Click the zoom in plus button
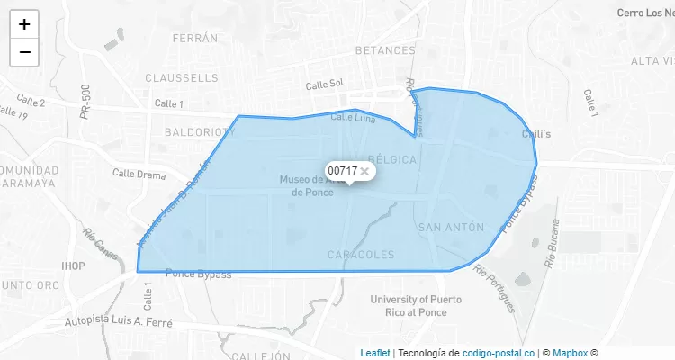pos(24,24)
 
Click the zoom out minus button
pos(24,52)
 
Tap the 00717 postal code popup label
pos(342,170)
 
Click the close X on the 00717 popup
pos(364,170)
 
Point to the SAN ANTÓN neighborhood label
pos(451,228)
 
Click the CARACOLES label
pos(361,255)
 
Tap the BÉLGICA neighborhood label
pos(391,159)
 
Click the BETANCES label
pos(384,50)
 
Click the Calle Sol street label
pos(325,85)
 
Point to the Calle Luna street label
pos(353,118)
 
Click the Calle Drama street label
pos(139,174)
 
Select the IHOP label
pos(73,266)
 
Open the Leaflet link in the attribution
pos(375,353)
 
